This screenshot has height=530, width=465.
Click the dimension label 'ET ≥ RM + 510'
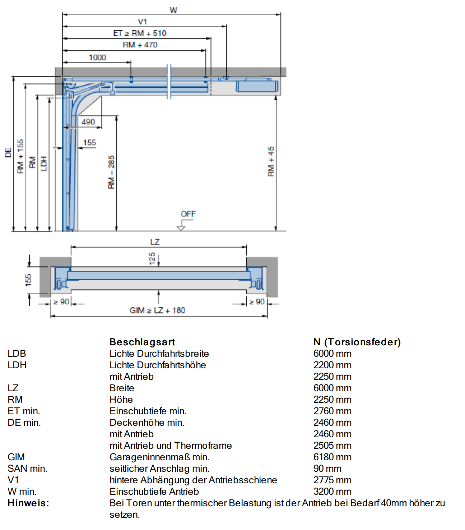coord(140,33)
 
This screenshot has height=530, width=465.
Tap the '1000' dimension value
coord(98,57)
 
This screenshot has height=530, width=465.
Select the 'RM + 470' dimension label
coord(140,45)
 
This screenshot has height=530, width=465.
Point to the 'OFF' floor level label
coord(188,214)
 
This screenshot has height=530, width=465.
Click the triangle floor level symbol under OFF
coord(181,228)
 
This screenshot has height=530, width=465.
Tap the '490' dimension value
coord(88,122)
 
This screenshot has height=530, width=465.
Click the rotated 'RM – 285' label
coord(111,172)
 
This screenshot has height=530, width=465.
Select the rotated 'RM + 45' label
coord(271,161)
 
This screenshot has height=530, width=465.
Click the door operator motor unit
coord(257,85)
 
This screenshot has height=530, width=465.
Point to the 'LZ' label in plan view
coord(155,242)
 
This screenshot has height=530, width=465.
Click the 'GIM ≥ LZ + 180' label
coord(157,310)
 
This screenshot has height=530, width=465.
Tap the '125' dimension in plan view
coord(152,258)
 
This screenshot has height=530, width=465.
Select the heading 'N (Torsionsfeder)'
coord(357,342)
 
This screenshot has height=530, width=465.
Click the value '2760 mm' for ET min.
coord(333,411)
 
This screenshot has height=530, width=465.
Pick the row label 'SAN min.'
coord(27,469)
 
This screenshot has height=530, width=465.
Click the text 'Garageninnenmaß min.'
coord(159,457)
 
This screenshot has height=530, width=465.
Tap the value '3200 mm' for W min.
coord(333,492)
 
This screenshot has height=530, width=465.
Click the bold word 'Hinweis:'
coord(28,503)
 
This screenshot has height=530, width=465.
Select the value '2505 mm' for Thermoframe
coord(333,446)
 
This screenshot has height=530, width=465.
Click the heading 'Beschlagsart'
coord(142,342)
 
